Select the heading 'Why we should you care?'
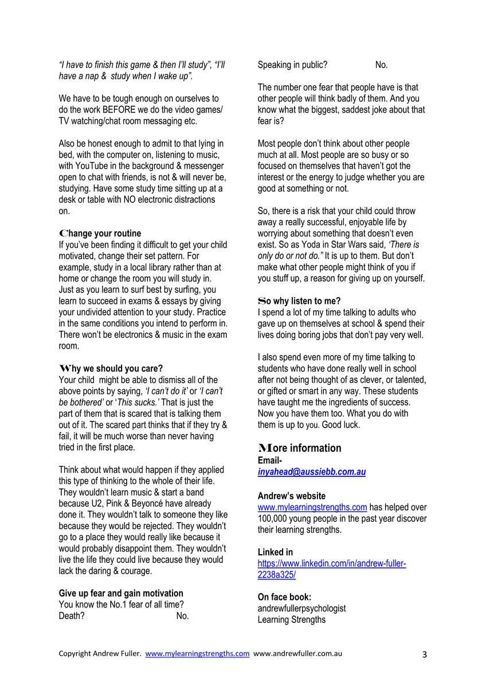(111, 368)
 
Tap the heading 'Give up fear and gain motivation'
(121, 593)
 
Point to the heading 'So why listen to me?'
(299, 301)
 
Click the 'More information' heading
(299, 448)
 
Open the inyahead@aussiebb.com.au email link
(311, 472)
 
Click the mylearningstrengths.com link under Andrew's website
(312, 507)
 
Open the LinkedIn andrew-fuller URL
(332, 564)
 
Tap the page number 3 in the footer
(425, 654)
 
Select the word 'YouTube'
(93, 166)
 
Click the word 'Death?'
(72, 616)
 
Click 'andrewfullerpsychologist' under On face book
(301, 609)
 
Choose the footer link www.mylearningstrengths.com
(197, 653)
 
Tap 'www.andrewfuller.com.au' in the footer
(297, 653)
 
